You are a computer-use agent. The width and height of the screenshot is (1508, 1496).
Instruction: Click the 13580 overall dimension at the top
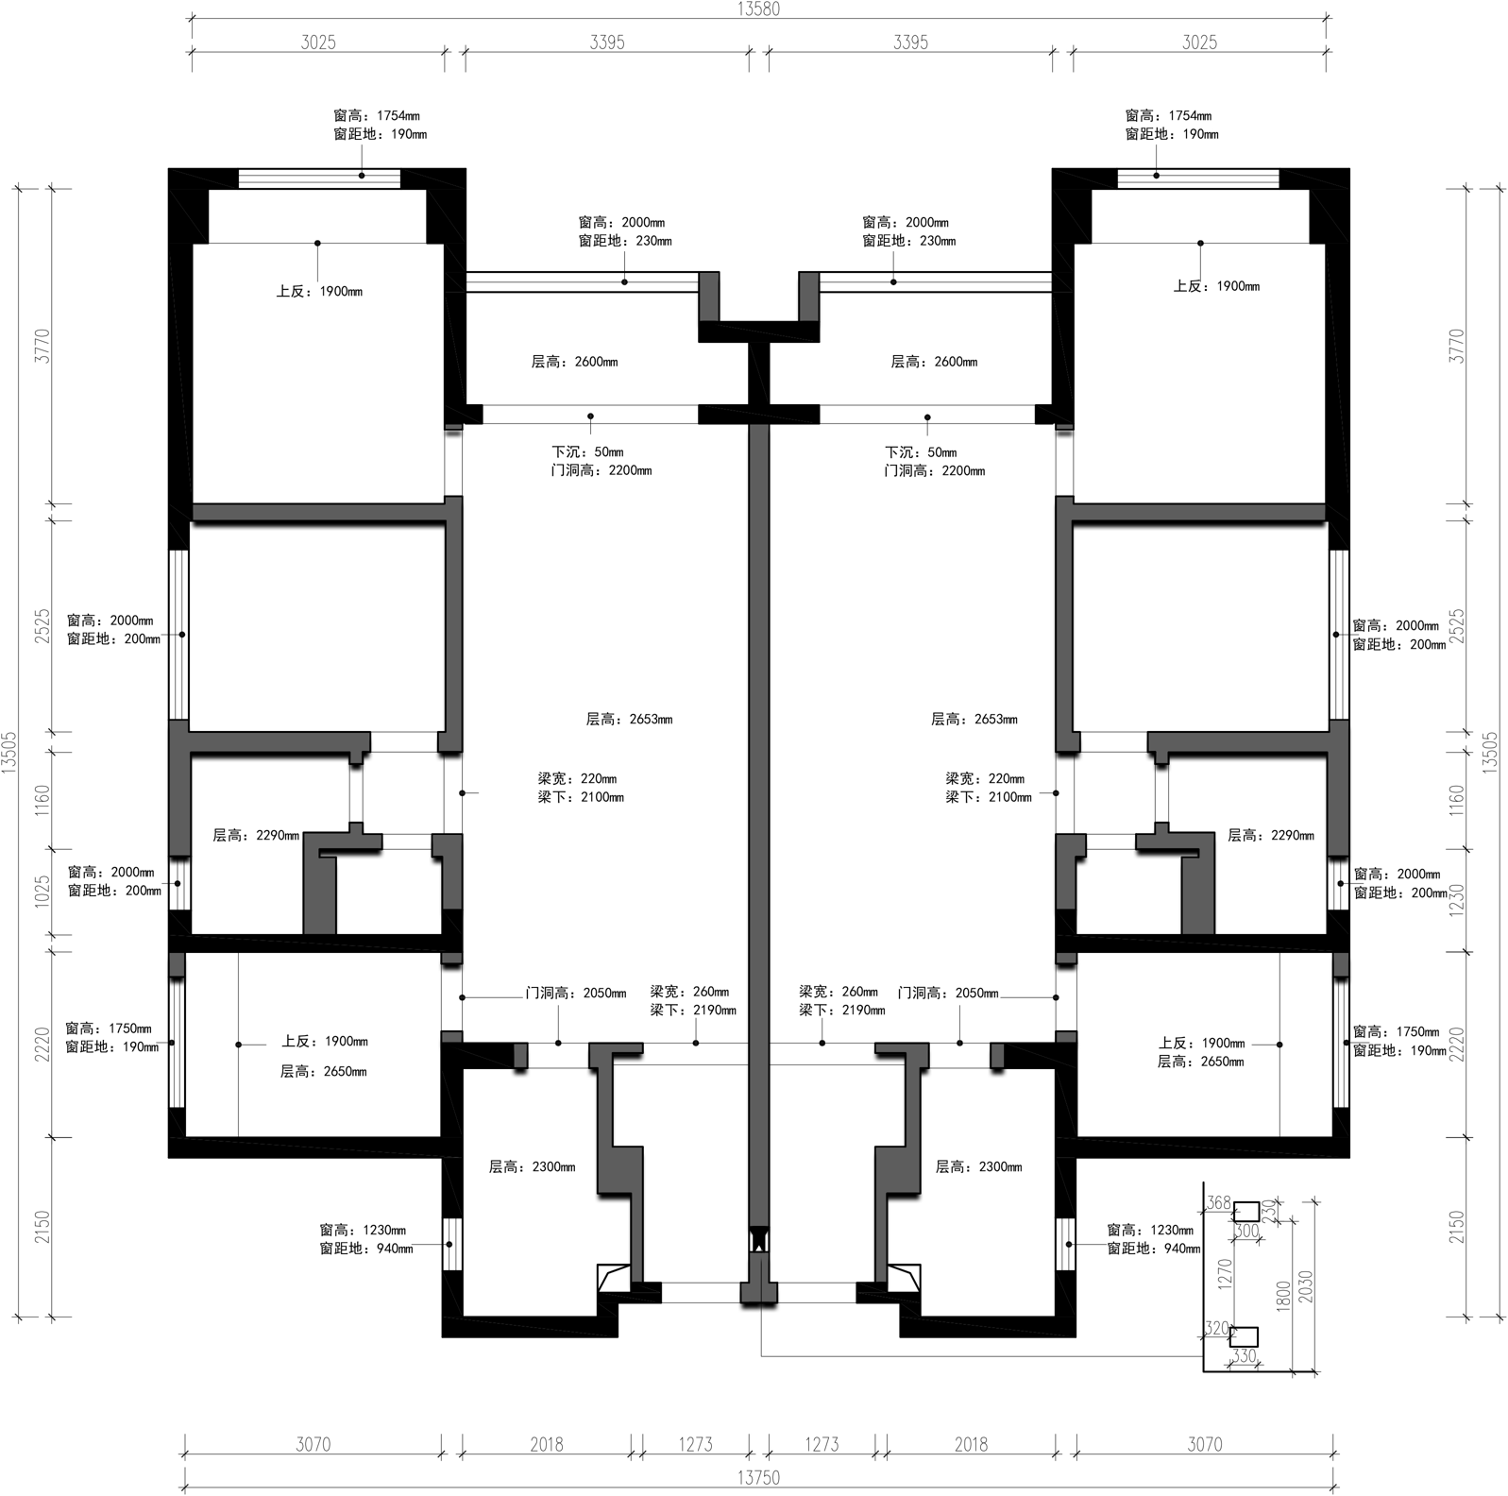pyautogui.click(x=758, y=9)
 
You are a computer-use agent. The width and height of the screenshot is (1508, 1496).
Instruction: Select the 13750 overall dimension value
pyautogui.click(x=758, y=1477)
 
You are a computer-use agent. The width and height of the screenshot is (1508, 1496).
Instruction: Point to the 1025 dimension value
pyautogui.click(x=42, y=892)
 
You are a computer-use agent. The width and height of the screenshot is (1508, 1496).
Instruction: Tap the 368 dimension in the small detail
pyautogui.click(x=1219, y=1202)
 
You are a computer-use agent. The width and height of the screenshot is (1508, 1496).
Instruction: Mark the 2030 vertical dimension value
pyautogui.click(x=1306, y=1286)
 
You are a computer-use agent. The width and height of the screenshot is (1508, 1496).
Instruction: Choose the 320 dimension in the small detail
pyautogui.click(x=1217, y=1329)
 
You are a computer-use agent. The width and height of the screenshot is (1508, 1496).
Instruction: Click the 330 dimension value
pyautogui.click(x=1245, y=1356)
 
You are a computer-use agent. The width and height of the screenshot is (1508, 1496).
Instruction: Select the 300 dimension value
pyautogui.click(x=1246, y=1231)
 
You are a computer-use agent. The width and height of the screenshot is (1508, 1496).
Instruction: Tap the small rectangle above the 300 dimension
pyautogui.click(x=1246, y=1211)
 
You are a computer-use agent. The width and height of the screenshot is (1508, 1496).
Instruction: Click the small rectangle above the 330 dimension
pyautogui.click(x=1245, y=1336)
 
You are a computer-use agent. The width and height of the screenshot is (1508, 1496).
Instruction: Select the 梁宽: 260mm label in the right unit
pyautogui.click(x=839, y=992)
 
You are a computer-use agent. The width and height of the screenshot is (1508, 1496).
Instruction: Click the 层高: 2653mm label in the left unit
pyautogui.click(x=629, y=719)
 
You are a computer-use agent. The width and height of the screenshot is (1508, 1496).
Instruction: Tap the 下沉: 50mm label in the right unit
pyautogui.click(x=921, y=452)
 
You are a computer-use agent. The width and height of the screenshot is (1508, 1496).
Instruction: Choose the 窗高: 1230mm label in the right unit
pyautogui.click(x=1150, y=1231)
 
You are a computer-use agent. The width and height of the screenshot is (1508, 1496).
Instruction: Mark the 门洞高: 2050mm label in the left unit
pyautogui.click(x=576, y=993)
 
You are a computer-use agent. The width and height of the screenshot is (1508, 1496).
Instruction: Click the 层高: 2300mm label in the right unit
pyautogui.click(x=978, y=1166)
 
